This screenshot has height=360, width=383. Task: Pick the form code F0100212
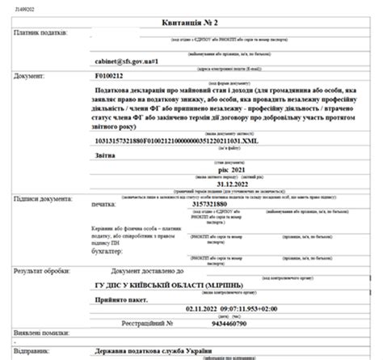(113, 75)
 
